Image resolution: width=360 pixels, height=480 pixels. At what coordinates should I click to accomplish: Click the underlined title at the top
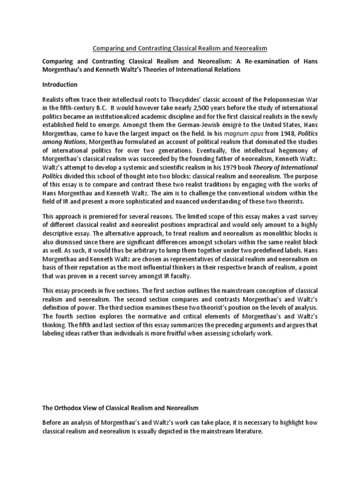180,49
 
